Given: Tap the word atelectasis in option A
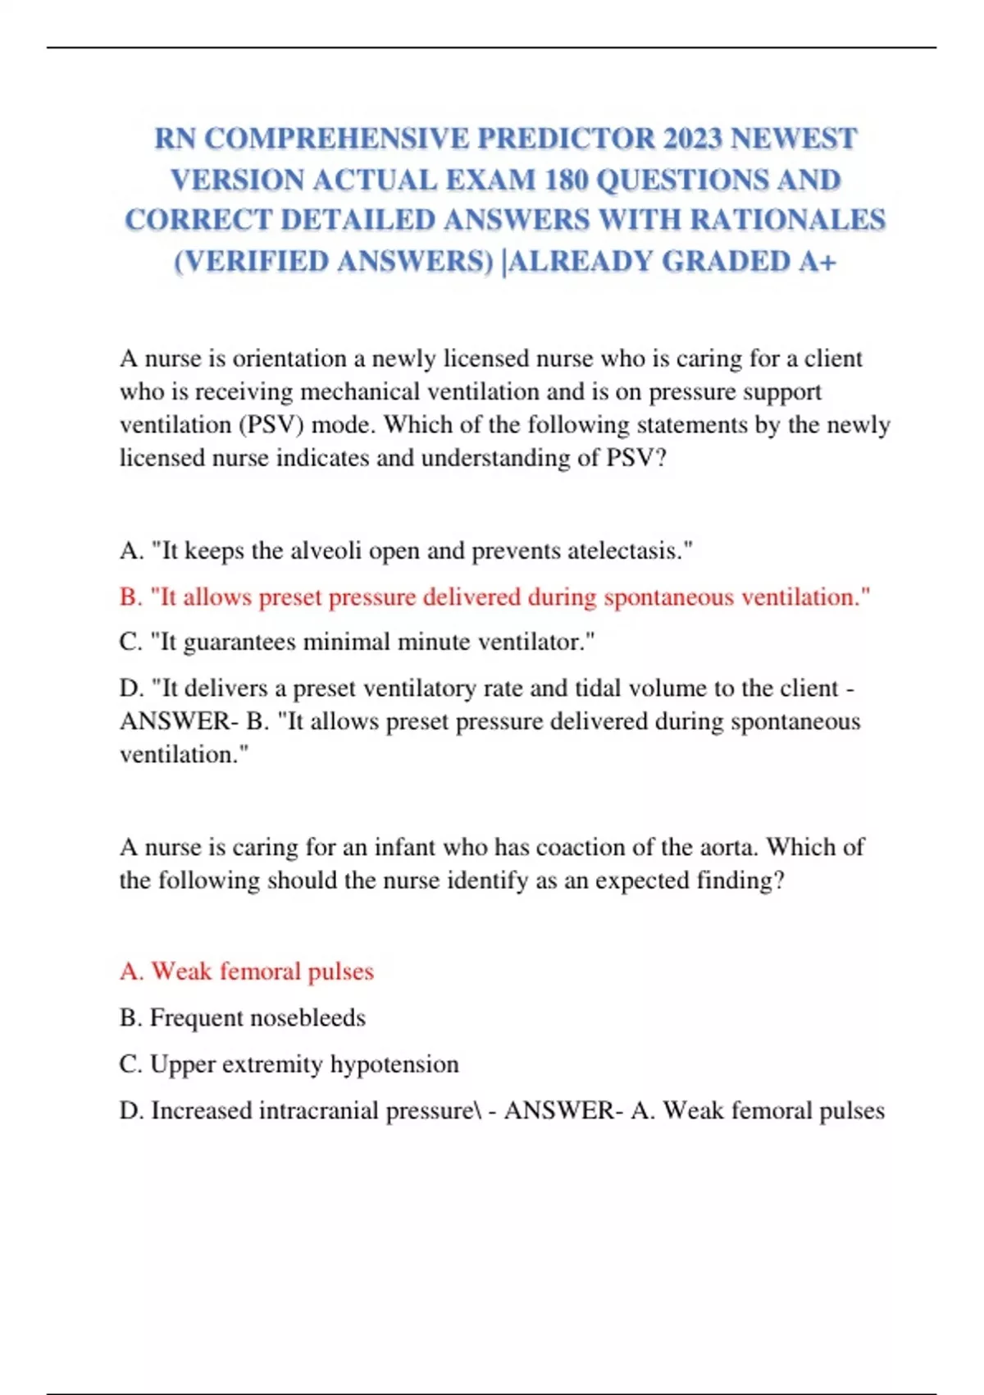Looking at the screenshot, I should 628,551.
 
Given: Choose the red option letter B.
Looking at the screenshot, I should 130,597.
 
